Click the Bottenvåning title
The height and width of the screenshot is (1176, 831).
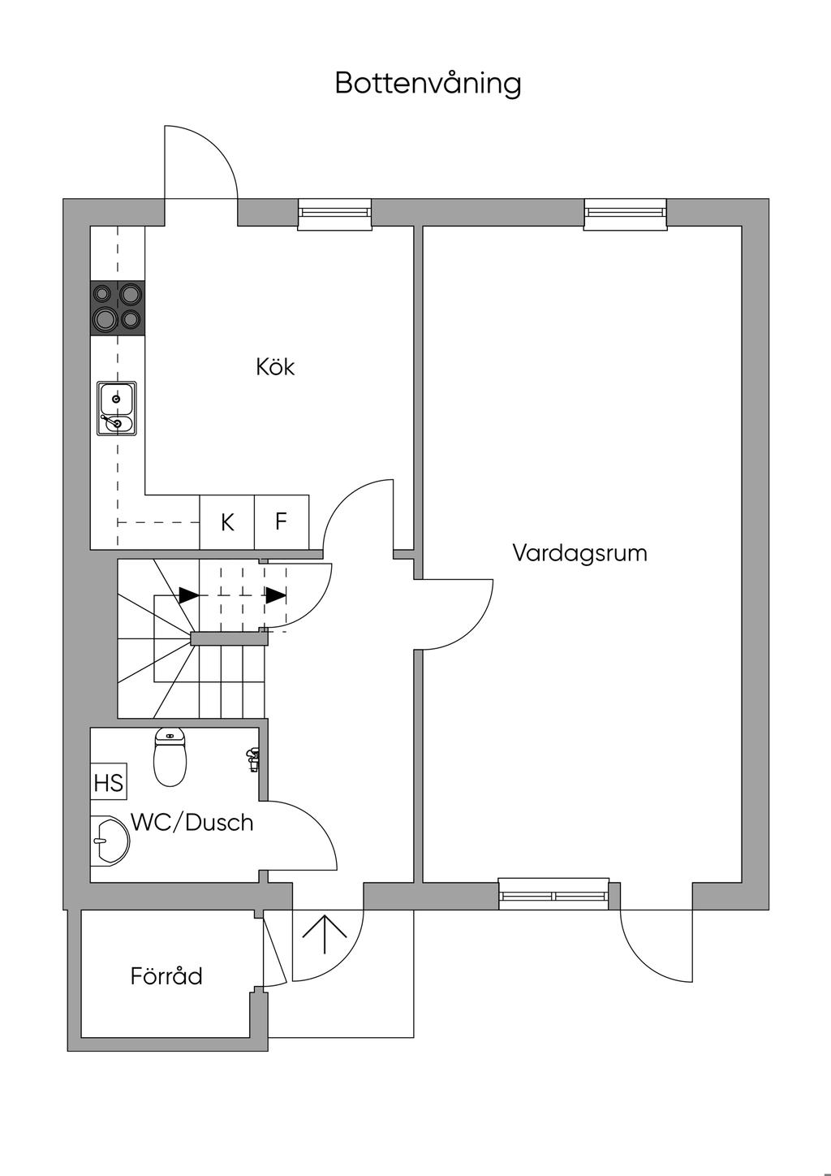[x=428, y=84]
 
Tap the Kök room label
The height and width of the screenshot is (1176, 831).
[x=275, y=366]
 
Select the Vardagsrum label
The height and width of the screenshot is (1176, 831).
[x=579, y=553]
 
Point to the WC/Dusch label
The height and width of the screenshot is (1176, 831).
[x=192, y=822]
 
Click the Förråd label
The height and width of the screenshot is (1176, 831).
[x=166, y=975]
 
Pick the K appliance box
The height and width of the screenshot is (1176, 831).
[x=227, y=522]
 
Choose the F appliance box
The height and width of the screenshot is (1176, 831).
[x=282, y=521]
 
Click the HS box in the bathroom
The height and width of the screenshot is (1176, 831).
[x=108, y=782]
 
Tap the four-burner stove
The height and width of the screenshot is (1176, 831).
[x=118, y=307]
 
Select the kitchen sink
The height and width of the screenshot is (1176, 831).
[x=117, y=409]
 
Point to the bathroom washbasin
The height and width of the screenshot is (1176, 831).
[x=109, y=839]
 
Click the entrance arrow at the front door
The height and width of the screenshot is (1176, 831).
[x=325, y=934]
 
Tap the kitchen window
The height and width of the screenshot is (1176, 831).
[x=335, y=214]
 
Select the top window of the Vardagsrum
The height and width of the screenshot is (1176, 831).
[x=625, y=213]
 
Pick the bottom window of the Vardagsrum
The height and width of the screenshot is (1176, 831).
[x=554, y=894]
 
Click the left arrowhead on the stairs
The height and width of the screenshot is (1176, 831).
[x=189, y=595]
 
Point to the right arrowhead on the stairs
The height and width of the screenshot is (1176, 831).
[x=276, y=595]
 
